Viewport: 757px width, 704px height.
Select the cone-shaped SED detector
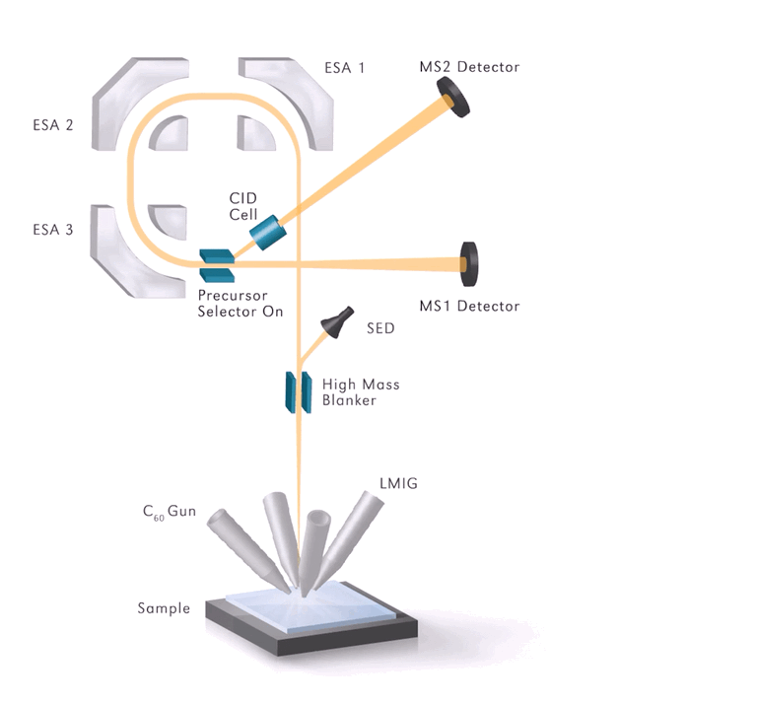338,321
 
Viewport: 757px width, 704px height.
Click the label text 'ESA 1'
345,69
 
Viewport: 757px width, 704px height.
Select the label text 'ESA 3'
52,233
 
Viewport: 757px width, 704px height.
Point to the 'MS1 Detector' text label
469,307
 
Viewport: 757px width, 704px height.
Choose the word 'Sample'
164,607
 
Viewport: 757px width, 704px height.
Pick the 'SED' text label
380,327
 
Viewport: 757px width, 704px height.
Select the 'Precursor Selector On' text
240,303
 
